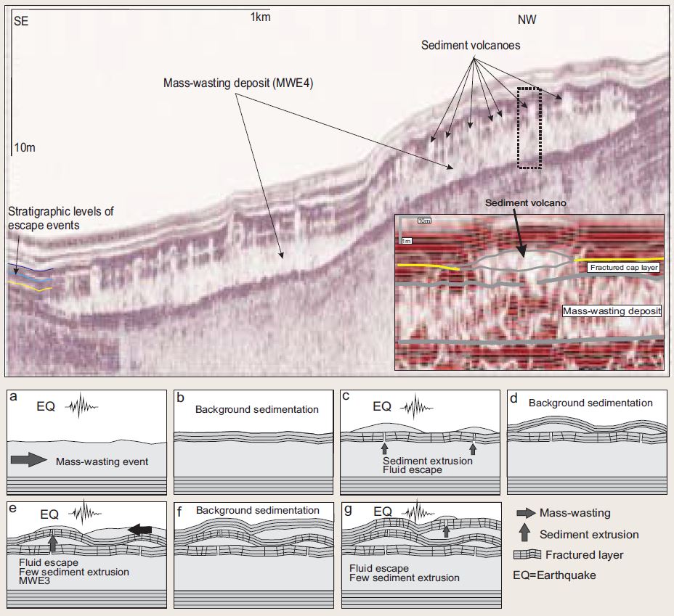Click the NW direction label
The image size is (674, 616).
(x=527, y=20)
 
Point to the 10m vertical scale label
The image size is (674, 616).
(x=25, y=148)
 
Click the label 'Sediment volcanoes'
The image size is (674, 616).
(x=471, y=45)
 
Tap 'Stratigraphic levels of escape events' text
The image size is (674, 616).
(x=62, y=217)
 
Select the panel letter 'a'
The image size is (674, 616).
(x=15, y=398)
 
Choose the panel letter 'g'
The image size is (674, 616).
(x=349, y=510)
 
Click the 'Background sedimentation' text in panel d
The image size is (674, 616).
(x=590, y=403)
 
